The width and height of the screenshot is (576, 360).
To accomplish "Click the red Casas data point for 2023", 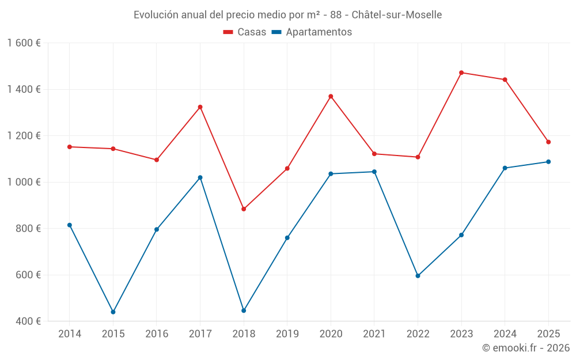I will pyautogui.click(x=461, y=73).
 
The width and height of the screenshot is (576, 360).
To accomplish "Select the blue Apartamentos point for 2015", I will pyautogui.click(x=113, y=312).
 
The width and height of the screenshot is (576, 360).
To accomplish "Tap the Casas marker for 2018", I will pyautogui.click(x=244, y=209).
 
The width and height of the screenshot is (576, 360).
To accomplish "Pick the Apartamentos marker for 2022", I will pyautogui.click(x=418, y=276).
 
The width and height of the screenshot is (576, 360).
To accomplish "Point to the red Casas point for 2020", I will pyautogui.click(x=331, y=96).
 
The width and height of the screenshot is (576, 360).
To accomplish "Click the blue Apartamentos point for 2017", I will pyautogui.click(x=200, y=177).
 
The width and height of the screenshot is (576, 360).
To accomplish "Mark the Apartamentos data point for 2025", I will pyautogui.click(x=548, y=162).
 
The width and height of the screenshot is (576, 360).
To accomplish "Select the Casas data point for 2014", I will pyautogui.click(x=70, y=147).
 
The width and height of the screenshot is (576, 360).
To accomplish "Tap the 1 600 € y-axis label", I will pyautogui.click(x=24, y=43).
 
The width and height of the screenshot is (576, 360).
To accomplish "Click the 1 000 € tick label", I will pyautogui.click(x=24, y=182).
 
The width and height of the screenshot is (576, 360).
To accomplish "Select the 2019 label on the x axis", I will pyautogui.click(x=287, y=334).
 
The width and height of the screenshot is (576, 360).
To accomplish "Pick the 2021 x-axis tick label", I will pyautogui.click(x=374, y=334).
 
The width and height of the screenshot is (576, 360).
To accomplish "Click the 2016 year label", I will pyautogui.click(x=157, y=334).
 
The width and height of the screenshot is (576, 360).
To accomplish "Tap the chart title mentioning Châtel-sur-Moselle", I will pyautogui.click(x=287, y=15).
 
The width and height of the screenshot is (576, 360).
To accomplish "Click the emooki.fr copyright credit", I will pyautogui.click(x=525, y=348).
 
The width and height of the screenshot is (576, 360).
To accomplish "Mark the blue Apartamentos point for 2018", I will pyautogui.click(x=244, y=310).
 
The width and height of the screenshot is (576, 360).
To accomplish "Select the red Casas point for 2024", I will pyautogui.click(x=505, y=79).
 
